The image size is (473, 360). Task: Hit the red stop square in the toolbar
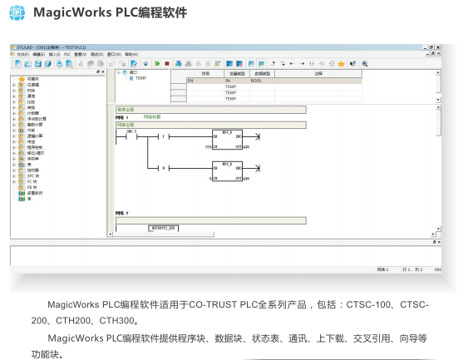[x=166, y=63]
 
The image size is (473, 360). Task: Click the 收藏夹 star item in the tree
[x=32, y=79]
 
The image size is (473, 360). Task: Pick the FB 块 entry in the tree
[x=32, y=186]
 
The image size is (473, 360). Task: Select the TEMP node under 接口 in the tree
[x=140, y=78]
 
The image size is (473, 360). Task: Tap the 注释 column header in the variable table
[x=318, y=74]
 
